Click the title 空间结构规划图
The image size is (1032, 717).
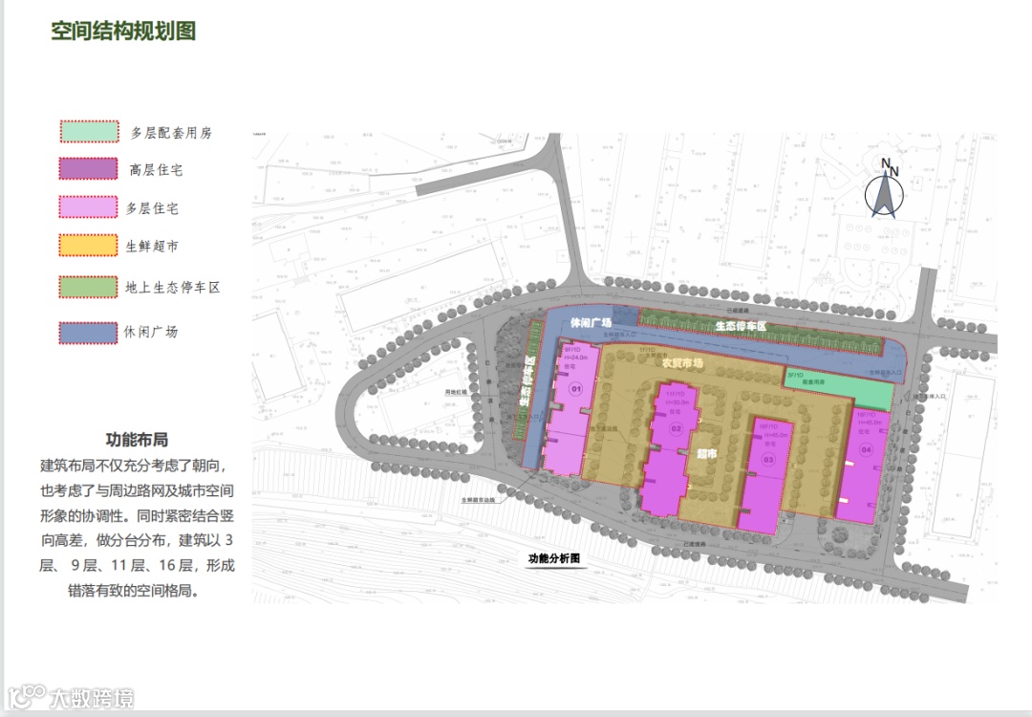tap(123, 31)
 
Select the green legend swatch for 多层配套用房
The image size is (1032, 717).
tap(89, 132)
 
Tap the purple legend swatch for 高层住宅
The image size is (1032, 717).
tap(89, 169)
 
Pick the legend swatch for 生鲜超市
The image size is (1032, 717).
tap(89, 246)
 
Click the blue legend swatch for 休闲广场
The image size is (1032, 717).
tap(89, 332)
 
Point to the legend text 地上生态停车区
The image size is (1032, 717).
tap(172, 286)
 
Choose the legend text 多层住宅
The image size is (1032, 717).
tap(152, 207)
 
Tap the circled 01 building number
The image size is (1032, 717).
tap(575, 389)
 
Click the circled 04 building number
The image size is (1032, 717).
tap(866, 448)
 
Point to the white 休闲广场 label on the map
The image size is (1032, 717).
tap(591, 323)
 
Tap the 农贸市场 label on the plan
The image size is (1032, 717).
tap(682, 363)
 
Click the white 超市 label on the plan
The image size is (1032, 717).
tap(706, 455)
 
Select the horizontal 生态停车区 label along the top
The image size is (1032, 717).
tap(741, 326)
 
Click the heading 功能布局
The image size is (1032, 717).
tap(137, 440)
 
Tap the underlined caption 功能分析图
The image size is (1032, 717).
tap(555, 558)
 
